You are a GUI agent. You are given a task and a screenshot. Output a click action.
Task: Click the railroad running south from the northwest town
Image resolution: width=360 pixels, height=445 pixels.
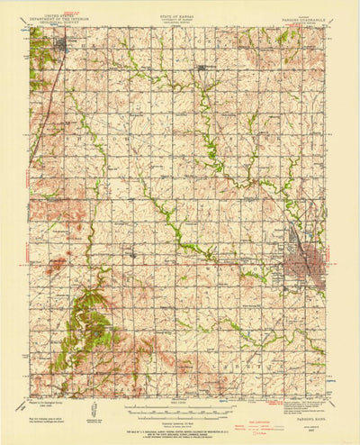[x=47, y=108]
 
